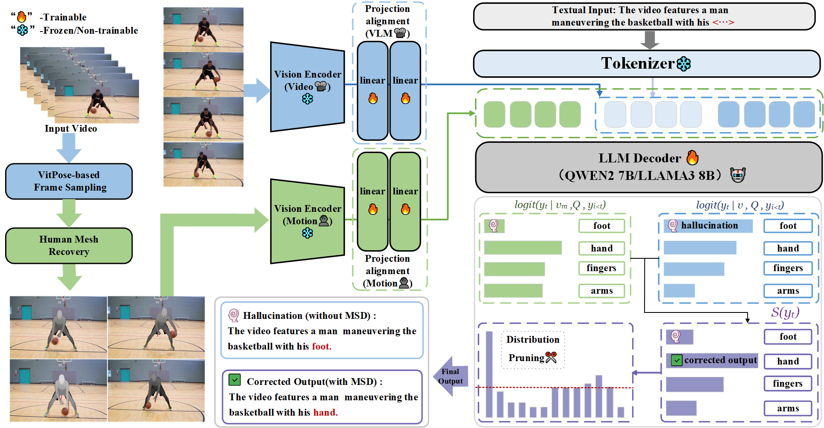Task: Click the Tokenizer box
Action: [x=646, y=64]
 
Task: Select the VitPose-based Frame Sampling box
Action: [x=69, y=181]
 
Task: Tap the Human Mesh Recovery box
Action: [x=69, y=246]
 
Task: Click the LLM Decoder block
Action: [x=648, y=167]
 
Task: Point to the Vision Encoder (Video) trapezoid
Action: [x=307, y=87]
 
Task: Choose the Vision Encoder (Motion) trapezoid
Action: [x=307, y=221]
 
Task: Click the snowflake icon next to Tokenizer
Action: [x=684, y=64]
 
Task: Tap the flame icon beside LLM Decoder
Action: [x=692, y=158]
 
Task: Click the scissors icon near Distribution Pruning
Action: [x=551, y=357]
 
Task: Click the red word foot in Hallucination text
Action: [x=321, y=346]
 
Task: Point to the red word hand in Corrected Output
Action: [x=325, y=412]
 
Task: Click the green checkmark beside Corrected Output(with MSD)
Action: [x=234, y=379]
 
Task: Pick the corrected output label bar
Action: [x=712, y=360]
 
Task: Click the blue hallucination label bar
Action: [x=708, y=226]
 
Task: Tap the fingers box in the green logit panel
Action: [x=601, y=268]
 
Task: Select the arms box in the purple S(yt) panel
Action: [x=788, y=408]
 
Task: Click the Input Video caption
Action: [x=71, y=128]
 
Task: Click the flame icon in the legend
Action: [x=21, y=17]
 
